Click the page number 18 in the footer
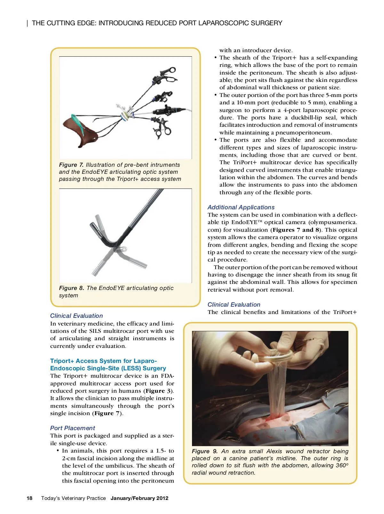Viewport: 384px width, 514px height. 29,498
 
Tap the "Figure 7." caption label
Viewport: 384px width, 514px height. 71,165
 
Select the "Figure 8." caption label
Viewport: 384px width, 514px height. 72,288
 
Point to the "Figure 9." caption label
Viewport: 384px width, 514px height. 204,451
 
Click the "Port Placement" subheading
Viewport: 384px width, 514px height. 72,428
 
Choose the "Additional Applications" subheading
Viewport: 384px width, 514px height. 241,207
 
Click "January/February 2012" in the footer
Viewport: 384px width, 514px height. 139,498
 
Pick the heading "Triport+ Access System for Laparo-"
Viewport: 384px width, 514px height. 103,361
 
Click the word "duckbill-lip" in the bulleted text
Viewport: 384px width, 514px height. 310,117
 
